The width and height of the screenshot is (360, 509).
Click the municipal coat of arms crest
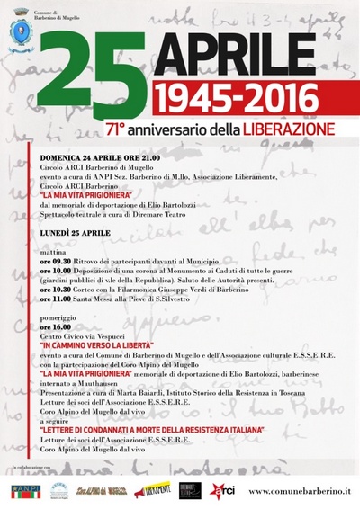pyautogui.click(x=20, y=33)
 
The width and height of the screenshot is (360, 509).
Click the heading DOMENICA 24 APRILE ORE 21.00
pyautogui.click(x=100, y=156)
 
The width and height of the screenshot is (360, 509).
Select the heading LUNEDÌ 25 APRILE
pyautogui.click(x=74, y=232)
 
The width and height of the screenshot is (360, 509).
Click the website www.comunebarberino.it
pyautogui.click(x=299, y=491)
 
